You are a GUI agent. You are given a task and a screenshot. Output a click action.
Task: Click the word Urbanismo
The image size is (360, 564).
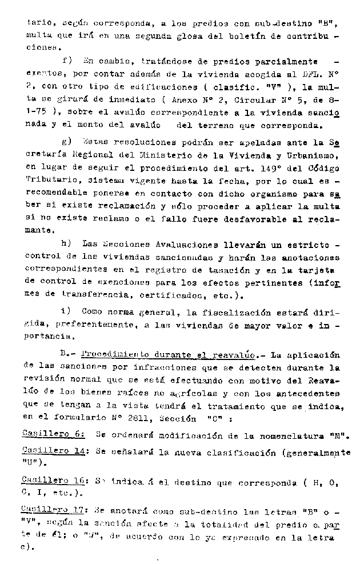click(x=310, y=154)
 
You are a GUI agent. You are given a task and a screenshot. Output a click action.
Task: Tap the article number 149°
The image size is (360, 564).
click(x=271, y=167)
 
